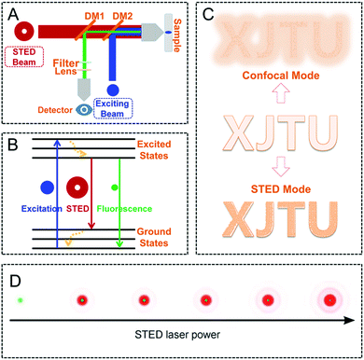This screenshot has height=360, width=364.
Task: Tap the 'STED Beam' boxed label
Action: (30, 56)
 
